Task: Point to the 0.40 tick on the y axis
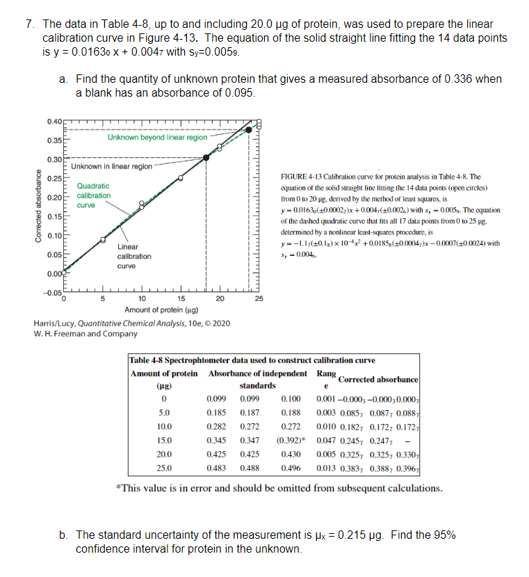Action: (52, 122)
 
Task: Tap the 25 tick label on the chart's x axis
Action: (259, 299)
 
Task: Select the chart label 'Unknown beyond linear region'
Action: (157, 138)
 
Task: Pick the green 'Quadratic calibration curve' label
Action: (92, 195)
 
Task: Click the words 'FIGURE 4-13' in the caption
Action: (299, 177)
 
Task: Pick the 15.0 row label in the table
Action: (165, 440)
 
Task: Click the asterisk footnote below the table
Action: (278, 487)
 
